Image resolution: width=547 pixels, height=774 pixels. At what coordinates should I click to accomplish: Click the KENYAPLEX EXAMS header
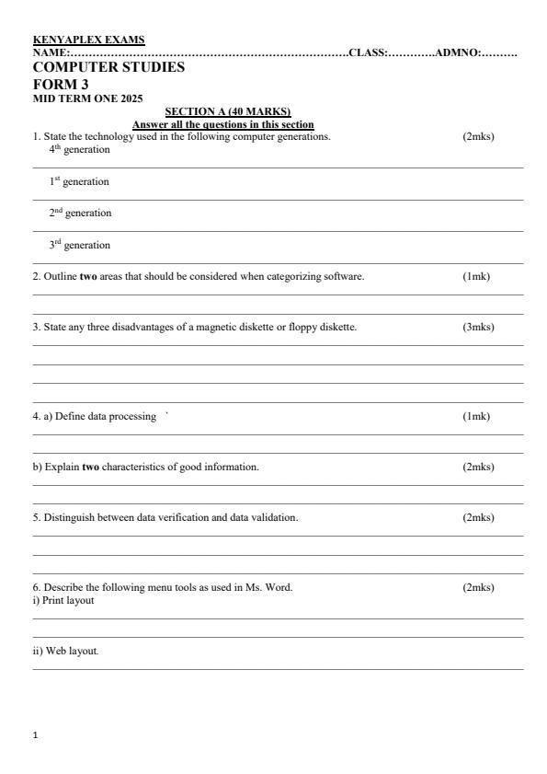pos(88,40)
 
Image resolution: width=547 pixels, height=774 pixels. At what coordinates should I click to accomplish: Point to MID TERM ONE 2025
pos(87,98)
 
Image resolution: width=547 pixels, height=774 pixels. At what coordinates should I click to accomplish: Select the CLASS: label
pos(368,53)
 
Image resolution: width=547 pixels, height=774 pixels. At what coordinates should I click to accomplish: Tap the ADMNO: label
pos(459,53)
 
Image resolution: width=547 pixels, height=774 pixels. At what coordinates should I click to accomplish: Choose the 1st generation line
pos(79,182)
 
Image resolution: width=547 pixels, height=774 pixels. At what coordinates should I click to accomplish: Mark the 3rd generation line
pos(79,246)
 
